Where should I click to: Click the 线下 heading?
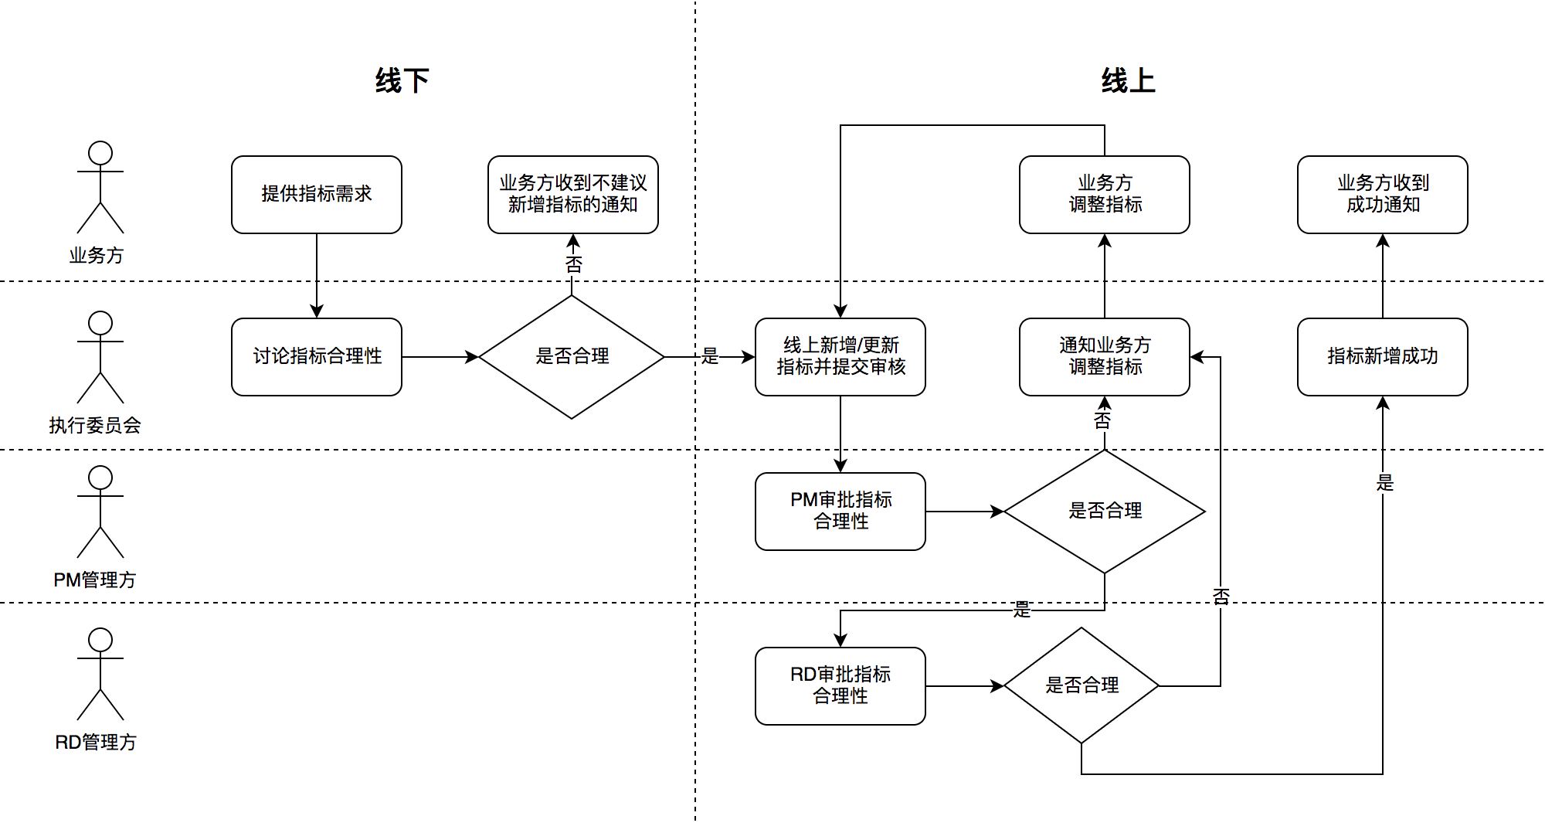click(x=402, y=80)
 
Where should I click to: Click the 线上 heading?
click(x=1128, y=80)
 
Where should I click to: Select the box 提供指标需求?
click(x=317, y=194)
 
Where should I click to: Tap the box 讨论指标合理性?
click(x=317, y=356)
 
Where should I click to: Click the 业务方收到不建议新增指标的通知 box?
click(x=572, y=194)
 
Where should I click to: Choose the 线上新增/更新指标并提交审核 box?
click(x=840, y=356)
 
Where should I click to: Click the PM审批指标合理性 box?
click(x=840, y=511)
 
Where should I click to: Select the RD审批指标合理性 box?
click(x=840, y=685)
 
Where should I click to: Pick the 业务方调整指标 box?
click(x=1105, y=194)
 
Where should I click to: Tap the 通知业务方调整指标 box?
click(x=1105, y=356)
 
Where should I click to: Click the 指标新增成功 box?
click(x=1382, y=356)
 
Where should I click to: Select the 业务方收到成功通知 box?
click(x=1382, y=194)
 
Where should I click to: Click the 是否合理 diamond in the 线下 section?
click(x=572, y=356)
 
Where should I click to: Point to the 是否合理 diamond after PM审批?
click(x=1105, y=511)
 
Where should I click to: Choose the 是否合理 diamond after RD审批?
click(x=1082, y=685)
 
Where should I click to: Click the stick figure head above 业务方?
click(x=100, y=153)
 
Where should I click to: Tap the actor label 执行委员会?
click(x=95, y=425)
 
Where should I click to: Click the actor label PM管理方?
click(x=95, y=580)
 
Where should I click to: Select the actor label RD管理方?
click(x=96, y=742)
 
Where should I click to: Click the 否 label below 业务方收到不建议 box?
click(x=573, y=265)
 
